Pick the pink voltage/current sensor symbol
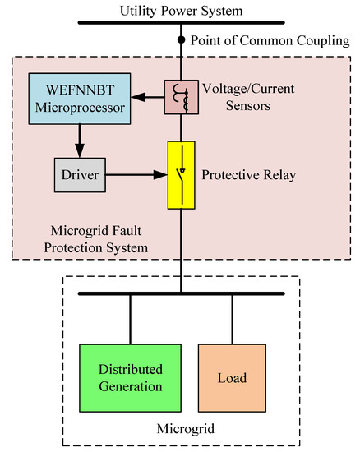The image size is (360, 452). coord(179,95)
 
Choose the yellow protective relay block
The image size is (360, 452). coord(179,174)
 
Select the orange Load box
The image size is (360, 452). coord(231,378)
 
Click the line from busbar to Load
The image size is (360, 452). coord(231,319)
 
